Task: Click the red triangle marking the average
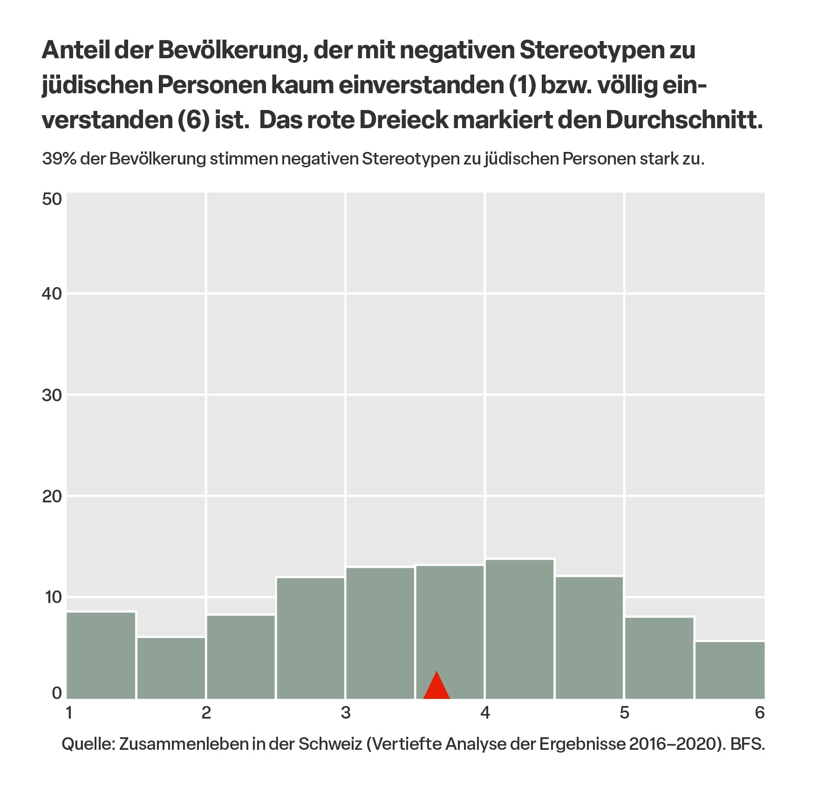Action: click(x=436, y=686)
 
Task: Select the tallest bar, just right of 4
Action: click(x=520, y=629)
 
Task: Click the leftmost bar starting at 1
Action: click(x=102, y=655)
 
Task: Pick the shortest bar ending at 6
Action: click(x=730, y=670)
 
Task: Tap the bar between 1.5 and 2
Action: click(x=171, y=668)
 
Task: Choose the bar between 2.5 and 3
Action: click(x=311, y=638)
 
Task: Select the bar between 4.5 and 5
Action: click(x=589, y=638)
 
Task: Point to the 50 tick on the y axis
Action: click(x=52, y=199)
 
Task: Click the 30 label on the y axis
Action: click(x=52, y=396)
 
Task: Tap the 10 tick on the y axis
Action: click(x=52, y=597)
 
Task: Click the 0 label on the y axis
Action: click(x=57, y=693)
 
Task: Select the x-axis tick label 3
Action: click(x=345, y=713)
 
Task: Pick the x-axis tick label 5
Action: click(x=624, y=713)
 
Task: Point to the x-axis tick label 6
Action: click(x=760, y=713)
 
